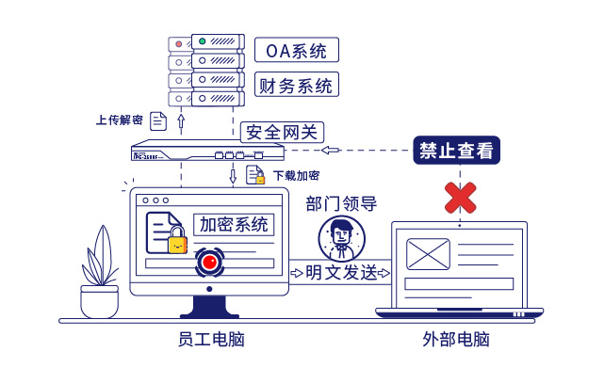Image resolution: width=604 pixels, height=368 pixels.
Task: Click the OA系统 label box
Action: [296, 50]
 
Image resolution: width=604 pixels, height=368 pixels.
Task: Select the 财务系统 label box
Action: [296, 86]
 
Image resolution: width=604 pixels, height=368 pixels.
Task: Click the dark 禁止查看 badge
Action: [456, 151]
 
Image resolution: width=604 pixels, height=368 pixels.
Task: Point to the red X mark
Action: [460, 197]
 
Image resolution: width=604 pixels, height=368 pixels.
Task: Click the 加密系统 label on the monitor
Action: [233, 225]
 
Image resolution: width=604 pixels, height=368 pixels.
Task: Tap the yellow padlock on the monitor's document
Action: [177, 245]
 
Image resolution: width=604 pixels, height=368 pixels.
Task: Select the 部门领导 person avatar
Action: [341, 238]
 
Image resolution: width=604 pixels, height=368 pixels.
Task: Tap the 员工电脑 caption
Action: [210, 339]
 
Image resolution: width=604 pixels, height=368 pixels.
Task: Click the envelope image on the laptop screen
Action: [429, 254]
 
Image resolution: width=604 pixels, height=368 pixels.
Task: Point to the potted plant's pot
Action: [99, 302]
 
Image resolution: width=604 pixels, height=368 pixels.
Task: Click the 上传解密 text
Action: [120, 120]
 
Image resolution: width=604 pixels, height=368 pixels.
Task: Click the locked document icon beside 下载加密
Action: [254, 175]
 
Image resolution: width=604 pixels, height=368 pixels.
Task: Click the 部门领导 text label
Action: [341, 203]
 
